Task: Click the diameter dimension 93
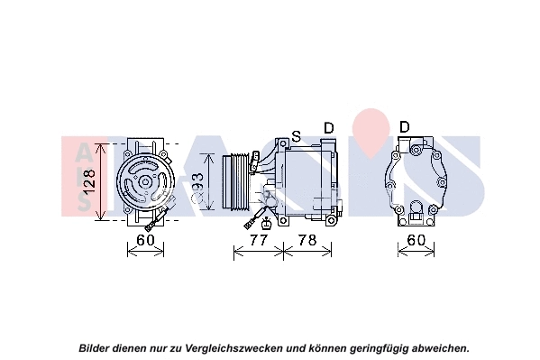coord(210,186)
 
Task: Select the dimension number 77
coord(258,241)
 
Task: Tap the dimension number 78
coord(307,241)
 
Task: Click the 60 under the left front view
coord(145,241)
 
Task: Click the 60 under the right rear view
coord(415,241)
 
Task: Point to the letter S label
coord(296,136)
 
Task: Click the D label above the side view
coord(329,128)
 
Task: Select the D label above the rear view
coord(405,126)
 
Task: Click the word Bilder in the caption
coord(95,347)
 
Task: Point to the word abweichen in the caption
coord(439,347)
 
